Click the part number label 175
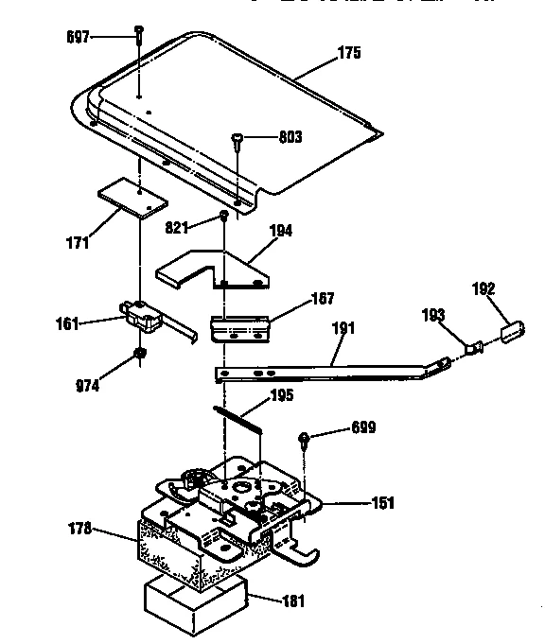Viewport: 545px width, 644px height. [x=349, y=54]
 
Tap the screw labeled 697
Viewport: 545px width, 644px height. [x=139, y=35]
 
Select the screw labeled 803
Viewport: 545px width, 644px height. [x=237, y=140]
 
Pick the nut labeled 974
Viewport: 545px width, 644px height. [x=138, y=355]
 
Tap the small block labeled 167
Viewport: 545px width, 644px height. [x=239, y=327]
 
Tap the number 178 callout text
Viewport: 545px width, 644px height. [x=81, y=529]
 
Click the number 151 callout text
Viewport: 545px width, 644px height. [x=383, y=503]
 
